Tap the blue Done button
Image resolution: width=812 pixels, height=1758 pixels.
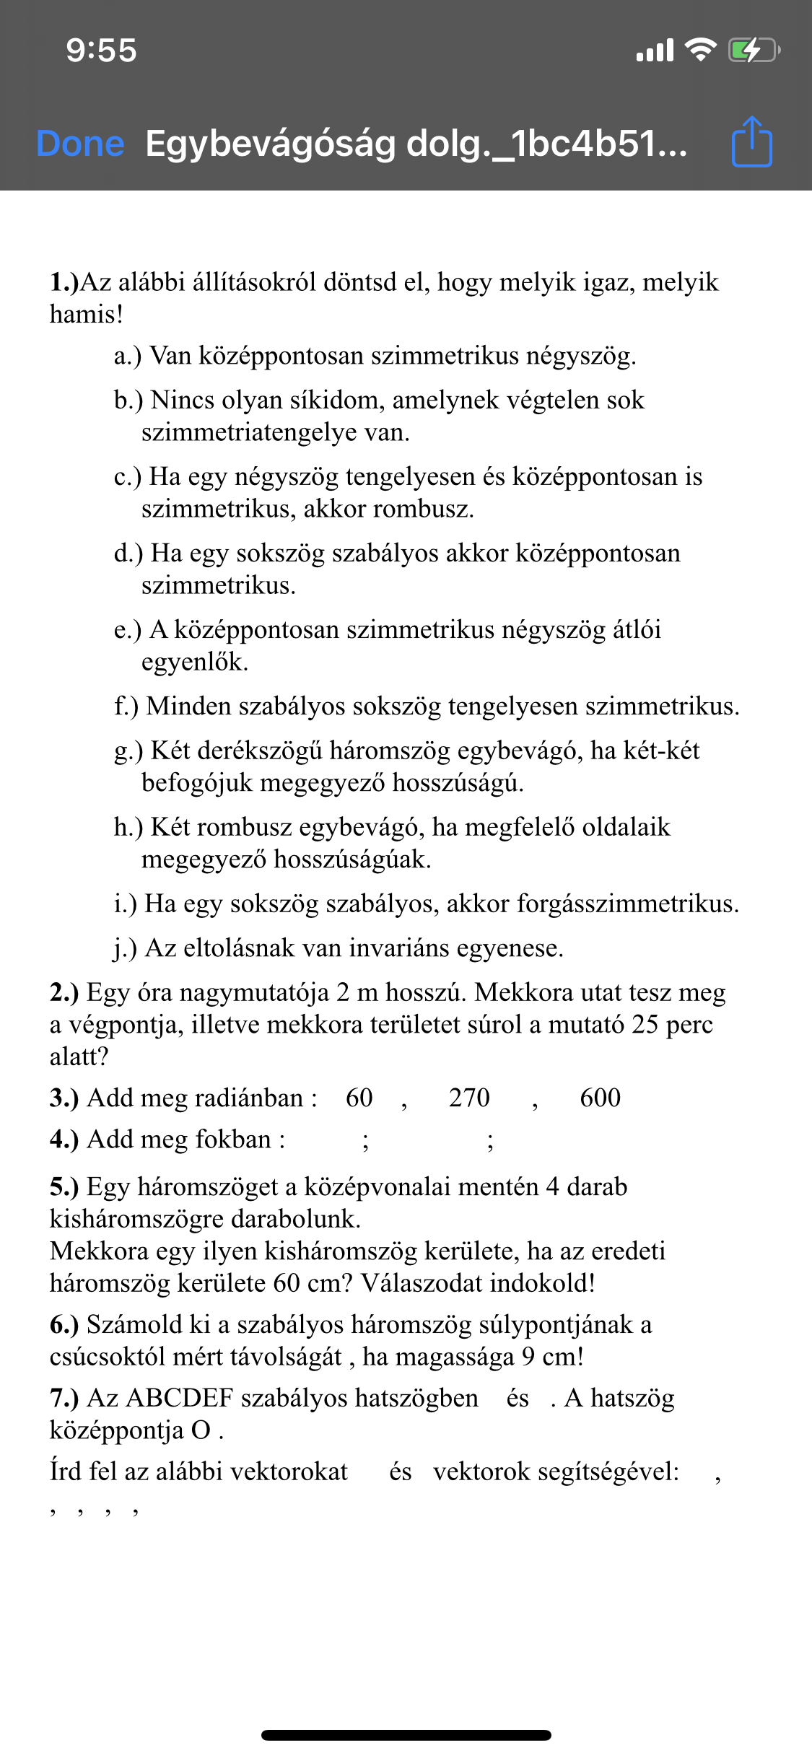tap(80, 144)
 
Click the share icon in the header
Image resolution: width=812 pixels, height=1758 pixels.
tap(752, 142)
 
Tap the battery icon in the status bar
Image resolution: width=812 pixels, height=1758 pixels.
tap(753, 51)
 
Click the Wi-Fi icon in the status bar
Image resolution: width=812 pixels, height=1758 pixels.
tap(699, 50)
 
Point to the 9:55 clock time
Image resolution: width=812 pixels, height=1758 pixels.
tap(101, 51)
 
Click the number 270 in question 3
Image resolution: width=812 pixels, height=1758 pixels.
tap(469, 1098)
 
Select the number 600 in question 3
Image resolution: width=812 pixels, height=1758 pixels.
tap(601, 1098)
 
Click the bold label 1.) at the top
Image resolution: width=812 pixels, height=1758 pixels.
tap(64, 282)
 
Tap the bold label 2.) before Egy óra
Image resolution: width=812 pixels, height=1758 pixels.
tap(64, 992)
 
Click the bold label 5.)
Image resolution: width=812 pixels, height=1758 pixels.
tap(64, 1186)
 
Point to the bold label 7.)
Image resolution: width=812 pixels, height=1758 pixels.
tap(64, 1398)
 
